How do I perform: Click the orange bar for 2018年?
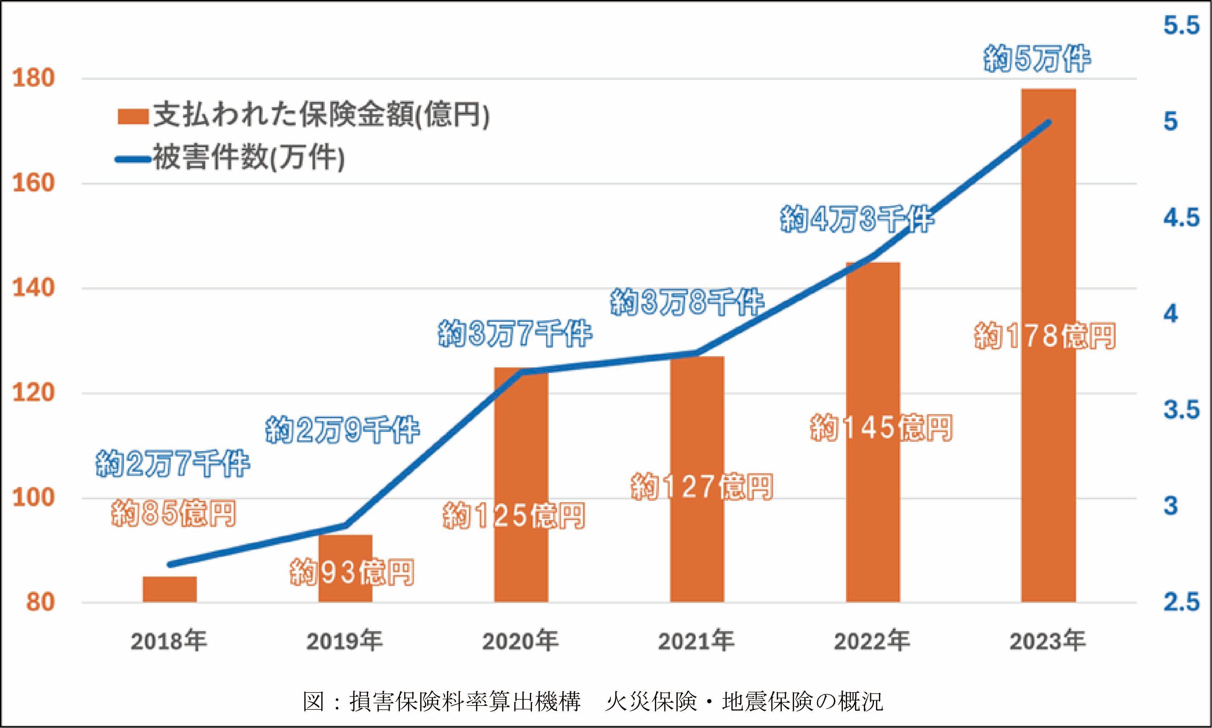pyautogui.click(x=169, y=589)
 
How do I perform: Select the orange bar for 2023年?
pyautogui.click(x=1048, y=344)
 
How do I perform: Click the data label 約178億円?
pyautogui.click(x=1045, y=337)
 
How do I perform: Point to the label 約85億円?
pyautogui.click(x=173, y=513)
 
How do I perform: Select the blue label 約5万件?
pyautogui.click(x=1037, y=59)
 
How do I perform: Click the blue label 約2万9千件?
pyautogui.click(x=342, y=430)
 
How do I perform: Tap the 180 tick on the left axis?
pyautogui.click(x=33, y=79)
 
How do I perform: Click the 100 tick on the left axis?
pyautogui.click(x=33, y=498)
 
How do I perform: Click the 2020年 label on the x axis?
pyautogui.click(x=520, y=641)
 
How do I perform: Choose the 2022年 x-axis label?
pyautogui.click(x=872, y=641)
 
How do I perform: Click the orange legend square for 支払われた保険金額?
pyautogui.click(x=133, y=117)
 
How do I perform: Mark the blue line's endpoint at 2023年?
pyautogui.click(x=1049, y=122)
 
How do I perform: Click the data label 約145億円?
pyautogui.click(x=881, y=428)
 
